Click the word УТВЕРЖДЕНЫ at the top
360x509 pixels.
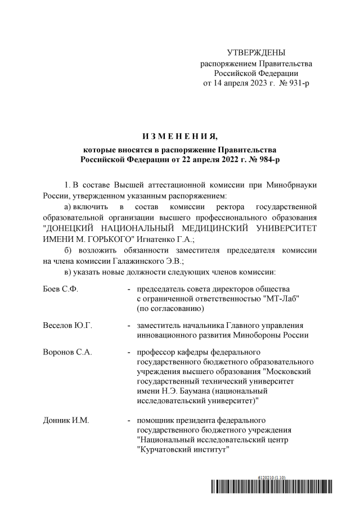tap(256, 52)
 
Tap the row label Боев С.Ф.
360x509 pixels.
tap(60, 289)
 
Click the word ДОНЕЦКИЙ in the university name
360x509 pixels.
tap(73, 228)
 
